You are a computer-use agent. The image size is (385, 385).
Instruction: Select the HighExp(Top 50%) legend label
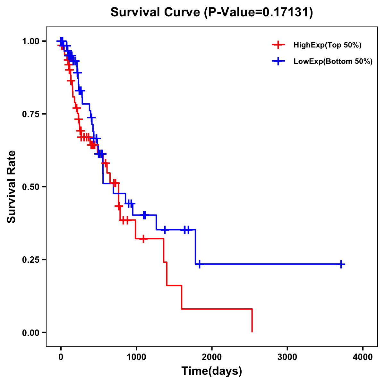[328, 45]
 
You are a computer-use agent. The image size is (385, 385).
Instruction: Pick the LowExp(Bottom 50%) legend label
[333, 62]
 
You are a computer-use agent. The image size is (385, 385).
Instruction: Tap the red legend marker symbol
[278, 45]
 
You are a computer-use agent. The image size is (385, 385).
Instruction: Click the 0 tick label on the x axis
[61, 357]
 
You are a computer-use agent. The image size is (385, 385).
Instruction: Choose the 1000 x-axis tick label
[136, 357]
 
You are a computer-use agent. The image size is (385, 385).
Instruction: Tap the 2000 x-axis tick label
[212, 357]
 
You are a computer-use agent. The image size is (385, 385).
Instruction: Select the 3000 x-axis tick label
[287, 357]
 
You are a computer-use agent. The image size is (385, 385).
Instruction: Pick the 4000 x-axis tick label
[363, 357]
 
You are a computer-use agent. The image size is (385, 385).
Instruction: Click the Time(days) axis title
[212, 371]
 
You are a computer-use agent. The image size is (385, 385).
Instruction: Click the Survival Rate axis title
[12, 187]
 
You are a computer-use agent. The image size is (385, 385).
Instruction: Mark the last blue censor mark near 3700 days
[341, 264]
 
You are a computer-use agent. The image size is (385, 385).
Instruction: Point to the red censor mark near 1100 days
[143, 239]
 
